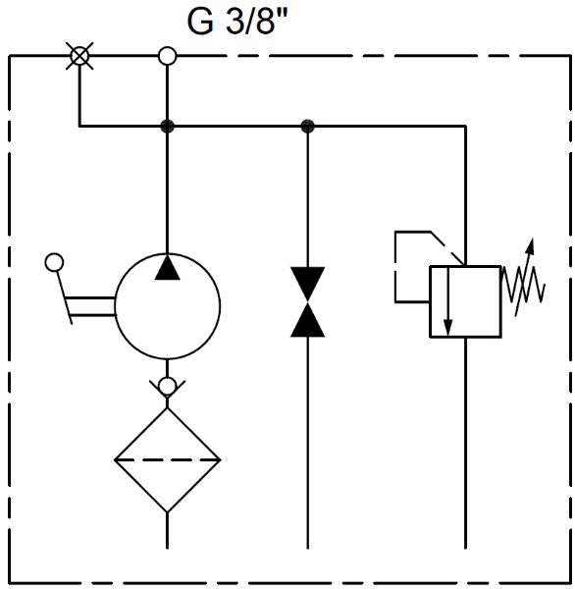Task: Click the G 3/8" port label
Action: point(237,22)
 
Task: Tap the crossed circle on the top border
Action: point(79,56)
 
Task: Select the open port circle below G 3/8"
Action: point(167,56)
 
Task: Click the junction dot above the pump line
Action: point(167,127)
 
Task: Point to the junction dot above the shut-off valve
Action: point(307,127)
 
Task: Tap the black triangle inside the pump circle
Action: point(168,267)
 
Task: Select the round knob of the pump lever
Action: point(54,262)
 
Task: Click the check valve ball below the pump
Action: point(167,386)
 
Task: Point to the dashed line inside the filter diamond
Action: point(167,459)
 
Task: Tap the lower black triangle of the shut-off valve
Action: point(307,319)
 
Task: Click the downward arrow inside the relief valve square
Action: point(447,301)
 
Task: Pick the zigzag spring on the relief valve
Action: point(523,285)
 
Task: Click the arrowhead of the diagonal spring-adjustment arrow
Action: point(530,246)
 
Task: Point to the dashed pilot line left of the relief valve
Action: point(395,266)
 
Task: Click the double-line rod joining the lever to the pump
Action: point(90,306)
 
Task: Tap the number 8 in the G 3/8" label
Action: point(265,22)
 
